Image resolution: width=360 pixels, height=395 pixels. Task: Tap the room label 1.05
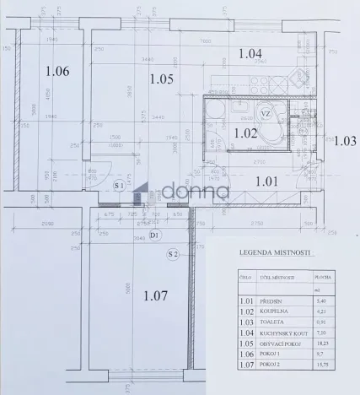pyautogui.click(x=161, y=79)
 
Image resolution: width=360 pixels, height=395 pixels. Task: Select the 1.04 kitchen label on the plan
pyautogui.click(x=250, y=53)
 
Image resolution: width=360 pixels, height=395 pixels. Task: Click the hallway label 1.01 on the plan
pyautogui.click(x=266, y=179)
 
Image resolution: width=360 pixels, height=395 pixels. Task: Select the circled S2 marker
pyautogui.click(x=172, y=254)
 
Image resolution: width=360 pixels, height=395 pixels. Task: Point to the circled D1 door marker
pyautogui.click(x=153, y=235)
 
